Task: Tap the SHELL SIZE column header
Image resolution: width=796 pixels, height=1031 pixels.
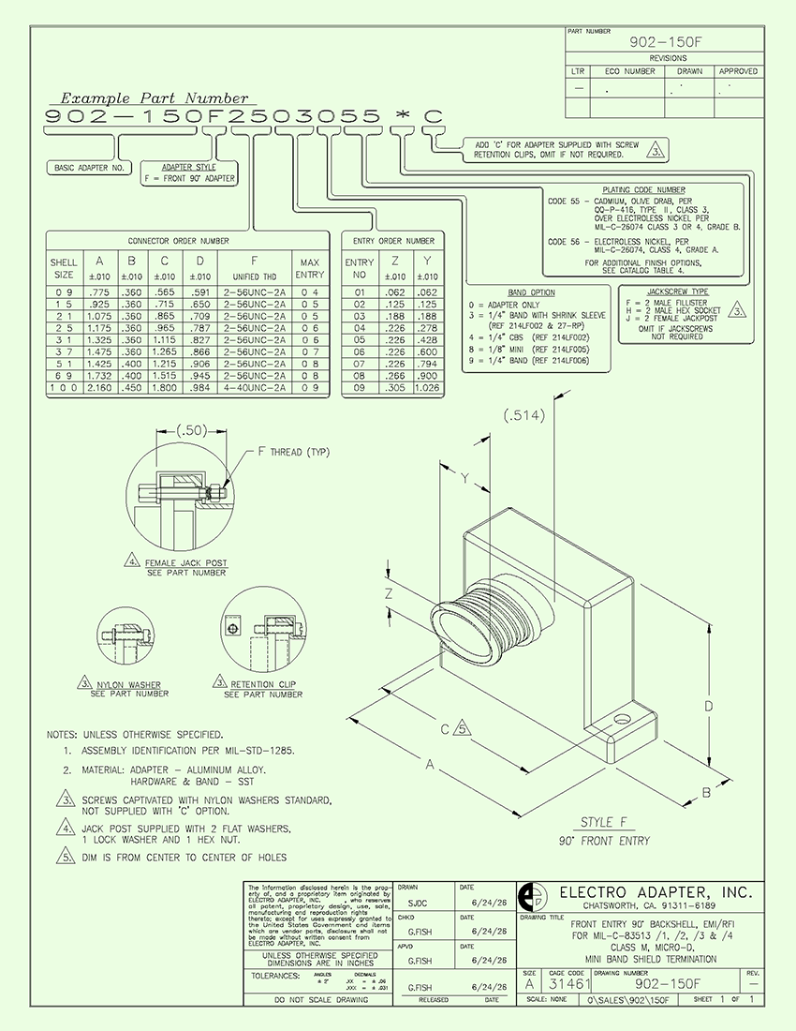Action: point(64,269)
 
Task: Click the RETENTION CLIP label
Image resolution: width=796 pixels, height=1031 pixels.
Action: point(262,684)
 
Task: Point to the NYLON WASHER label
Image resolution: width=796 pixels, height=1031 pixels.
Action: point(129,684)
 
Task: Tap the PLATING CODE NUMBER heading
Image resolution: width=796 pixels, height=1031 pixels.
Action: point(645,188)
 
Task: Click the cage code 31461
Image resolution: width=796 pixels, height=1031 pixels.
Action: point(568,984)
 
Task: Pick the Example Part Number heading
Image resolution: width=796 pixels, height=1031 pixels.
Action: point(155,97)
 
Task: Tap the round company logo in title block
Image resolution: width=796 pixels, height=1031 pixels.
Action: point(531,896)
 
